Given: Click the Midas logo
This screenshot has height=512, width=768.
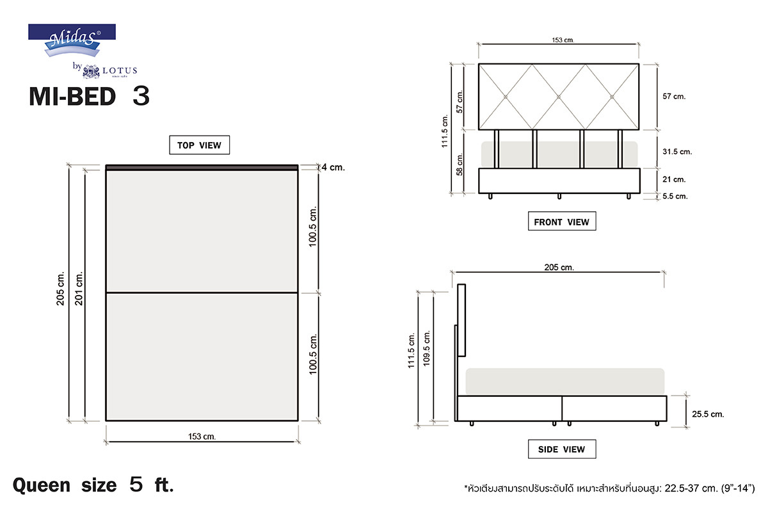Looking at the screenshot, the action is (72, 40).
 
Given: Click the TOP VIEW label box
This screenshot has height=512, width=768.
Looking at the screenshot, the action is (200, 145).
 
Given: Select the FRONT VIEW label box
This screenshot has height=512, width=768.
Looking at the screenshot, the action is (562, 221).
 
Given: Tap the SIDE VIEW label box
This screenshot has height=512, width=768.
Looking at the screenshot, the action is (562, 449).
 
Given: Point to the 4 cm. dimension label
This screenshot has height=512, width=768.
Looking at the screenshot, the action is (333, 167).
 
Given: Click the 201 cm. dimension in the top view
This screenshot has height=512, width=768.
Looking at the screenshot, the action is (79, 289).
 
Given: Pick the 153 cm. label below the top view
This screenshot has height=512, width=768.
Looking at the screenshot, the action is (202, 436).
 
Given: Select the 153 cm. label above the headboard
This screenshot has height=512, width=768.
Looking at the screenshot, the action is (563, 40).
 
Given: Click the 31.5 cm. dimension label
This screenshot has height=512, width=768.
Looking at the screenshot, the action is (677, 152).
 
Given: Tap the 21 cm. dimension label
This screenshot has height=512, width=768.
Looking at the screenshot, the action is (674, 179).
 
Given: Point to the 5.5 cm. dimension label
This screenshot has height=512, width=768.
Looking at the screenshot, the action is (675, 196).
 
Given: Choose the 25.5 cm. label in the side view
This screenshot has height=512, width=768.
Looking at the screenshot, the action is (708, 414).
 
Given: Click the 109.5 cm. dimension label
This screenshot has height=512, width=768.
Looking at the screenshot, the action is (426, 348).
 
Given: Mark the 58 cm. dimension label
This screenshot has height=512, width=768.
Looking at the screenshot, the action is (460, 164).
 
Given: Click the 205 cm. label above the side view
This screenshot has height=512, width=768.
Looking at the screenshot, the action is (559, 267).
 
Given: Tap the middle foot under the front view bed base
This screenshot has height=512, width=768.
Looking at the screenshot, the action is (559, 196).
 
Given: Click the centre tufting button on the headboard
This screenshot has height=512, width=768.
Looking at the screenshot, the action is (559, 97).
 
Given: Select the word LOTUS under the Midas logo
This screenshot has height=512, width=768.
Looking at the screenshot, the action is (120, 70).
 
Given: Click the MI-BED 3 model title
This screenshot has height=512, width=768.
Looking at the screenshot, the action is (89, 96).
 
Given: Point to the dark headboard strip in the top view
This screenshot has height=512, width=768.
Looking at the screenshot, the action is (202, 168).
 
